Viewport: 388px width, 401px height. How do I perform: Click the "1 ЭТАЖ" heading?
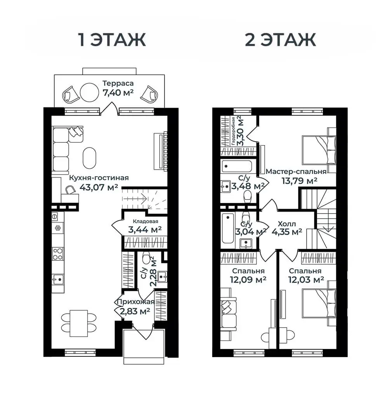[112, 40]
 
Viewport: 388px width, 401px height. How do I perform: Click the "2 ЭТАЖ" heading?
[281, 40]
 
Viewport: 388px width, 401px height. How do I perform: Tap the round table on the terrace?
[89, 92]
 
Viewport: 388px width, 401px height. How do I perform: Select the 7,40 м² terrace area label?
[118, 92]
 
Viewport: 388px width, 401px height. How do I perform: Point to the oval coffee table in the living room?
[90, 158]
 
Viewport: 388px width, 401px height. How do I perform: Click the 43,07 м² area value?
[99, 187]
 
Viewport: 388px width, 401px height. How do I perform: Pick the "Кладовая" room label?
[145, 222]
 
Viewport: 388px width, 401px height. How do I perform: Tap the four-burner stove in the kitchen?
[58, 254]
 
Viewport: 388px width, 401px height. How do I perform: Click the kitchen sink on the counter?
[58, 279]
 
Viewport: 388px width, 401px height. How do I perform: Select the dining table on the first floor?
[79, 323]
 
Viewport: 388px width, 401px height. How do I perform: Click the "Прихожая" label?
[136, 302]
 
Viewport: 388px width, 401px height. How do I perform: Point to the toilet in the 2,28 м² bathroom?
[146, 257]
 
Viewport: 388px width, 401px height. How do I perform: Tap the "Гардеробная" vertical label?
[233, 131]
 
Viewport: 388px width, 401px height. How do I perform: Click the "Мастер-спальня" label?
[296, 171]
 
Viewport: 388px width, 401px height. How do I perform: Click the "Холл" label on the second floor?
[287, 224]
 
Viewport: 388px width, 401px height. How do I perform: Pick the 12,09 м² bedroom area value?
[248, 279]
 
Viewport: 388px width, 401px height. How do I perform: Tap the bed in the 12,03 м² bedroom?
[319, 304]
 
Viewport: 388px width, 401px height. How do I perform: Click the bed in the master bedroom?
[319, 150]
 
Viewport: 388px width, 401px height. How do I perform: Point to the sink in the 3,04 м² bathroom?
[246, 243]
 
